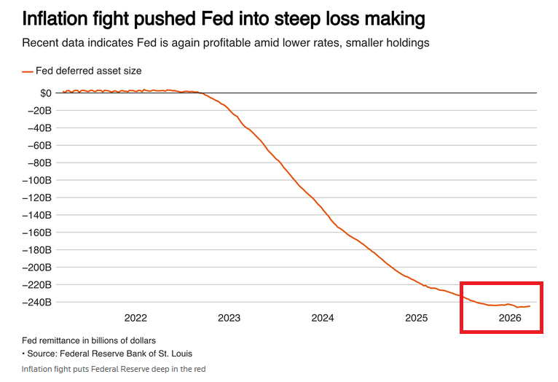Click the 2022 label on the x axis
[135, 318]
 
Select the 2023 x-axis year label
[229, 318]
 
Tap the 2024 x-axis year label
[323, 318]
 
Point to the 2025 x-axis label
[416, 318]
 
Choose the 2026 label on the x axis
[509, 318]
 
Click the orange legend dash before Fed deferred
[28, 71]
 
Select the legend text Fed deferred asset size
[88, 71]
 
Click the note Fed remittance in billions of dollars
[89, 340]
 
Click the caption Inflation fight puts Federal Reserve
[114, 369]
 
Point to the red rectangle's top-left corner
[462, 282]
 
